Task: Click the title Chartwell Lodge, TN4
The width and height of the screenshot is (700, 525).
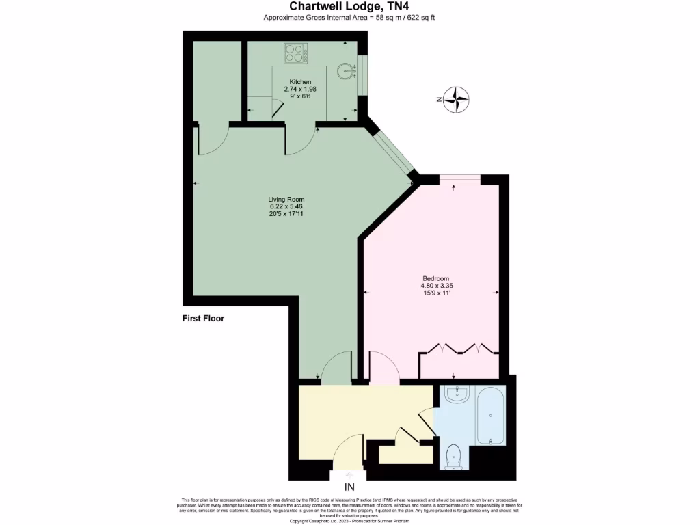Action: click(x=349, y=6)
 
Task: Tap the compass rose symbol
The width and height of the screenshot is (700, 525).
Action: click(x=456, y=100)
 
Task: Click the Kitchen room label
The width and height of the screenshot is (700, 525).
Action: click(x=300, y=82)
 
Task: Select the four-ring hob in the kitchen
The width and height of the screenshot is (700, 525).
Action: click(x=295, y=53)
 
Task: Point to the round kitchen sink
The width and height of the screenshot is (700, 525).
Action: click(x=349, y=70)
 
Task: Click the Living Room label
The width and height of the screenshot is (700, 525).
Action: click(x=286, y=199)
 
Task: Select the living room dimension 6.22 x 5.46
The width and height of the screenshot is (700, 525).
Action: click(x=286, y=206)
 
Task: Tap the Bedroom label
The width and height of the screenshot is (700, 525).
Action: click(x=435, y=278)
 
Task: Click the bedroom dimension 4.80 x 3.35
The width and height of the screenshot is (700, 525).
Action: click(x=435, y=286)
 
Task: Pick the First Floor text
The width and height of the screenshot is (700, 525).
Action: click(x=203, y=318)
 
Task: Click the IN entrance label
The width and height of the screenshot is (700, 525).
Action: click(x=349, y=487)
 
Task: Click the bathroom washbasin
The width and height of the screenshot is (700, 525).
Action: click(x=455, y=394)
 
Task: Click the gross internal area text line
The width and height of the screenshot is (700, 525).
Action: click(x=349, y=18)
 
